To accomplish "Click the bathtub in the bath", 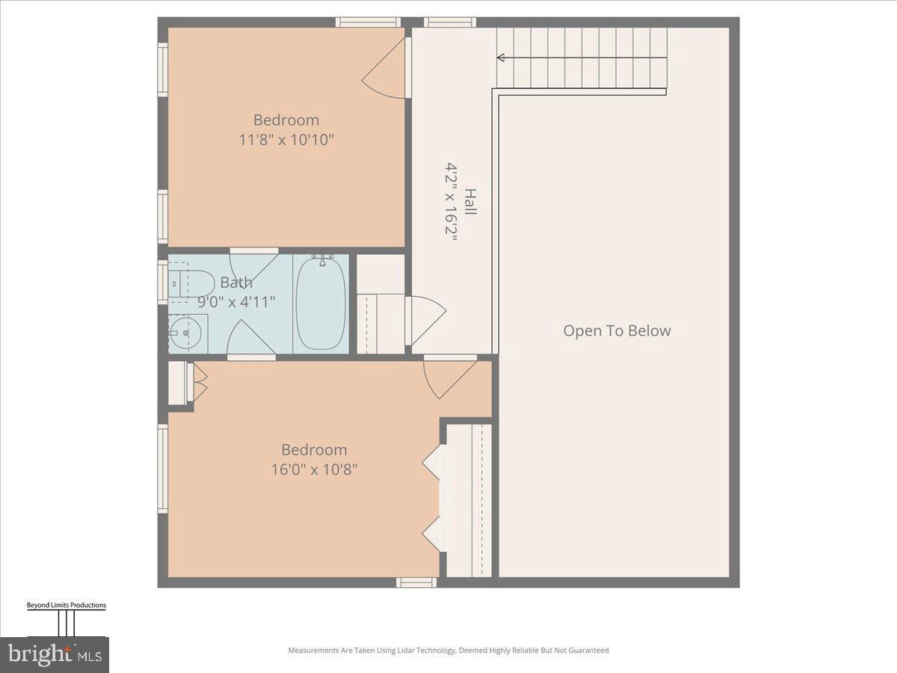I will pos(321,303).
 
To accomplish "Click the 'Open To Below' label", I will pos(617,331).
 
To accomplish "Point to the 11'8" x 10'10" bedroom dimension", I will pos(286,140).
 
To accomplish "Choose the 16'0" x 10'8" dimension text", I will pos(314,470).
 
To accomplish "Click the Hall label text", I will pos(469,202).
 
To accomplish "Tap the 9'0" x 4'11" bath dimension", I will pos(236,302).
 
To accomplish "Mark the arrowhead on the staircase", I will pos(500,58).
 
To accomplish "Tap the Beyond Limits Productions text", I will pos(67,605).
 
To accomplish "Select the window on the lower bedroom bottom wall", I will pos(416,582).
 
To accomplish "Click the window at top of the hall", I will pos(450,22).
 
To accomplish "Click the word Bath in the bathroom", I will pos(236,283).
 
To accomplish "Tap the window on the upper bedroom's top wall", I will pos(369,22).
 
